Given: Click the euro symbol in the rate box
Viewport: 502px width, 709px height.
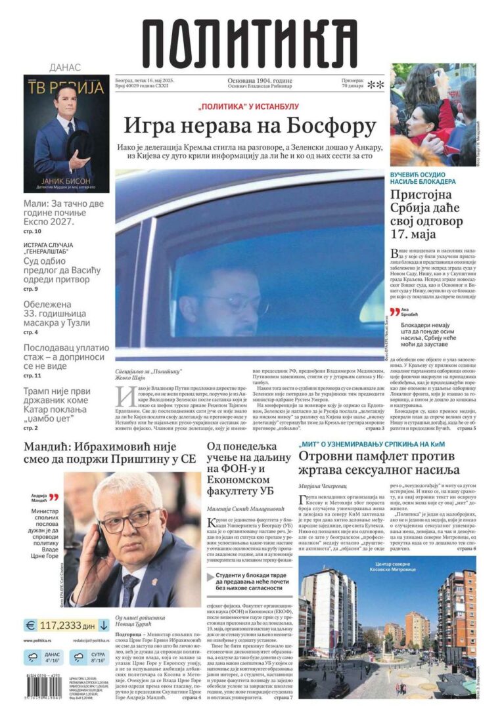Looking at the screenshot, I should click(x=31, y=626).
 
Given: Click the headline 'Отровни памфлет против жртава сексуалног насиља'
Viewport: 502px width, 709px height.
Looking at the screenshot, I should click(x=380, y=464).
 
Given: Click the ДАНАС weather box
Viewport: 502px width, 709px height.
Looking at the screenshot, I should click(x=43, y=656).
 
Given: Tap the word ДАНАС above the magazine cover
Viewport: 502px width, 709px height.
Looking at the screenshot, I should click(x=65, y=68).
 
